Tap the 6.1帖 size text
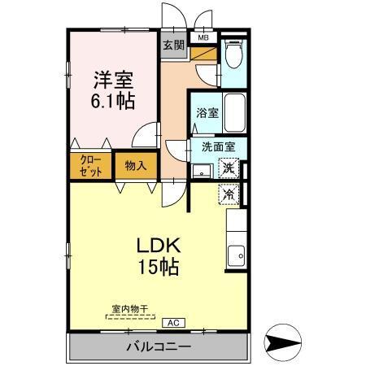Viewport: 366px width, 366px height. [x=114, y=102]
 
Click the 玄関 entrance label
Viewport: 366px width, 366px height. [x=172, y=45]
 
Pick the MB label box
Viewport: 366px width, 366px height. [x=203, y=37]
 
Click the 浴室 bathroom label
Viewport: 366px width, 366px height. [x=207, y=114]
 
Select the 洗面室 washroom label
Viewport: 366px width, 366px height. [x=218, y=148]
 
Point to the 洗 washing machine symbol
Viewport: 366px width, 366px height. [x=229, y=169]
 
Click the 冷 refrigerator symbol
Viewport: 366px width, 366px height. [x=229, y=194]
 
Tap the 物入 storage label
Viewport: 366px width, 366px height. [x=136, y=166]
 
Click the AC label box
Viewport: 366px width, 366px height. [x=172, y=322]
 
